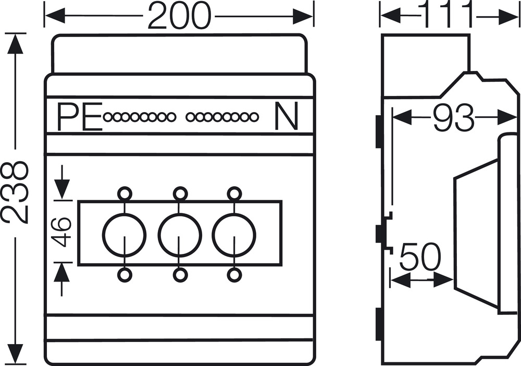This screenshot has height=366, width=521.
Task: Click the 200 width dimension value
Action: pos(179,16)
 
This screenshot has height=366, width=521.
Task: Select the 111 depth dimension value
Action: pos(447,14)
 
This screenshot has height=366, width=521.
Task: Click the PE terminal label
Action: pos(79,117)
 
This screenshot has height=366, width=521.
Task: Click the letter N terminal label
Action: pos(286,117)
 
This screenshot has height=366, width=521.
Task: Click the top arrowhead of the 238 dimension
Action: pos(15,43)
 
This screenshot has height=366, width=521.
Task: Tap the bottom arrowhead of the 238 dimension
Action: pos(15,355)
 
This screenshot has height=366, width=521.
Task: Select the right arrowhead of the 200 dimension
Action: pos(303,16)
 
